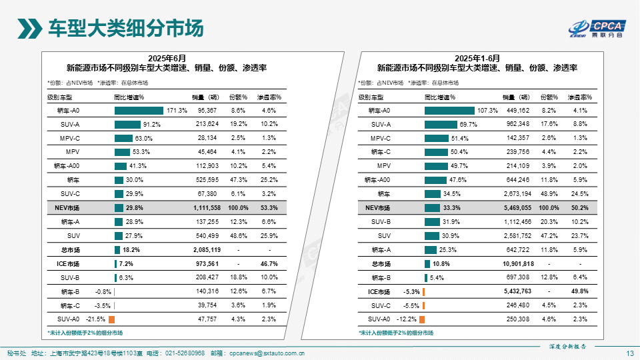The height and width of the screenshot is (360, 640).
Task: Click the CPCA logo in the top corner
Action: click(596, 28)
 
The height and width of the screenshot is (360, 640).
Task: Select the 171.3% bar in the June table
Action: click(139, 110)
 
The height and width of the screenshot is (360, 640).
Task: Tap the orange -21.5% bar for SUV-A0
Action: click(111, 319)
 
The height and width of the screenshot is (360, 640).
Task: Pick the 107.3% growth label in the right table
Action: click(488, 110)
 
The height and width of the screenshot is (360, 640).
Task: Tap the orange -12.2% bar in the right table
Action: click(422, 319)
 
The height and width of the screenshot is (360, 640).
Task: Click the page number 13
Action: click(630, 353)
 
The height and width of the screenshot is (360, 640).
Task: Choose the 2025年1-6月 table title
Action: click(477, 58)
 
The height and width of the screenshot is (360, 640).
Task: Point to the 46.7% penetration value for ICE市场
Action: click(269, 264)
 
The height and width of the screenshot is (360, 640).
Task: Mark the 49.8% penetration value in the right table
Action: click(579, 292)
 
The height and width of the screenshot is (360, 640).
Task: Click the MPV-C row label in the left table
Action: click(71, 138)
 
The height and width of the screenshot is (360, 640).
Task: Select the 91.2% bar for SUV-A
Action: click(127, 124)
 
